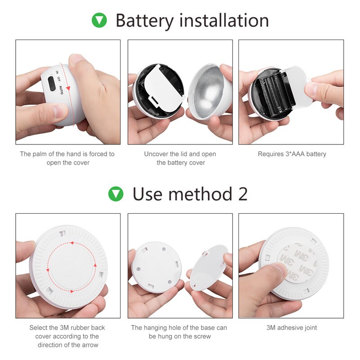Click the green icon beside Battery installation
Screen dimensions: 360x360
(x=99, y=20)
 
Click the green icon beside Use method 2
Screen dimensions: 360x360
(x=116, y=194)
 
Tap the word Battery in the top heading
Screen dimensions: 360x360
(x=144, y=21)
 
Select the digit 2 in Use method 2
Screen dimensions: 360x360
(x=242, y=194)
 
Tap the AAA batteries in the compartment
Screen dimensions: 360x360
(x=271, y=93)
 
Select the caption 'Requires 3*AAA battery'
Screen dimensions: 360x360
(x=292, y=154)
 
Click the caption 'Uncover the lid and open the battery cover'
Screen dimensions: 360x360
(x=180, y=158)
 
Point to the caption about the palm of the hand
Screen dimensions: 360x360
(x=67, y=158)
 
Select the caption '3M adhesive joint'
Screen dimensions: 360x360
(x=292, y=328)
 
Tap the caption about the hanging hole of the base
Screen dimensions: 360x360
(x=180, y=332)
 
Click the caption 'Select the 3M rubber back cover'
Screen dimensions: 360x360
(x=67, y=336)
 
